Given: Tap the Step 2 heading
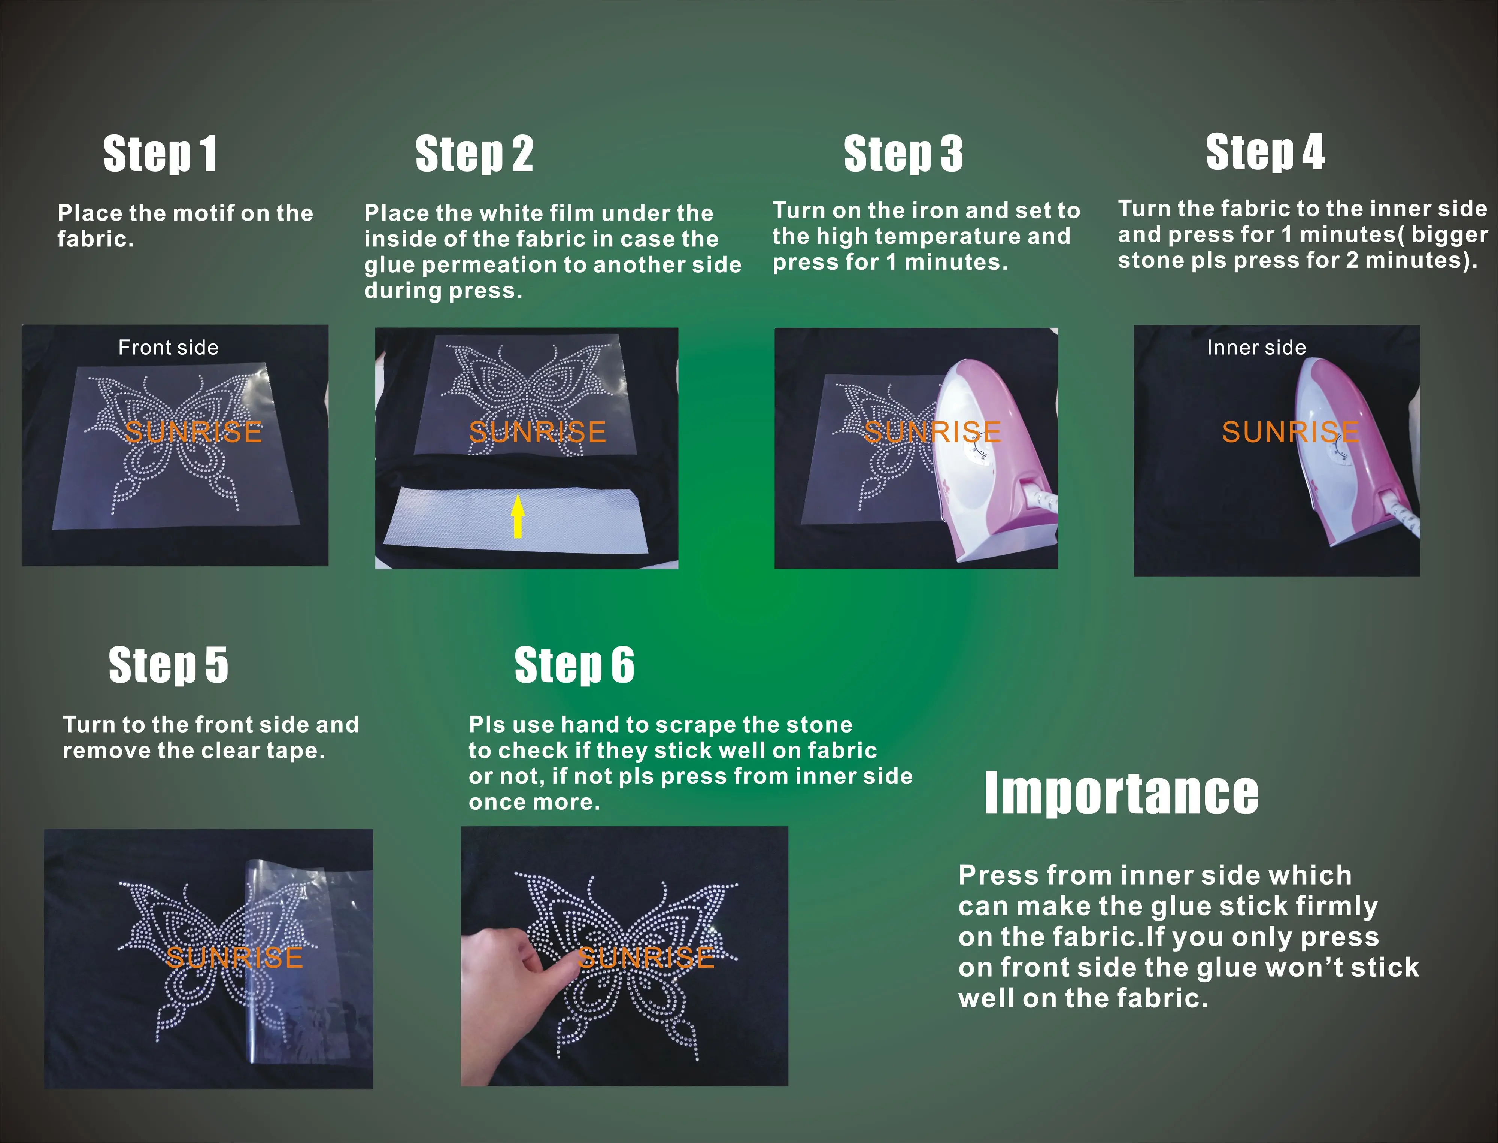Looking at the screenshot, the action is pyautogui.click(x=474, y=154).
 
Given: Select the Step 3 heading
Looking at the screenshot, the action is pyautogui.click(x=903, y=154).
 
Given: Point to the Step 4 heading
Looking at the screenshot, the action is pyautogui.click(x=1265, y=152).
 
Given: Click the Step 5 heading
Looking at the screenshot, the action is pyautogui.click(x=168, y=666).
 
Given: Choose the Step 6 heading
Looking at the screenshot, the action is pyautogui.click(x=574, y=666).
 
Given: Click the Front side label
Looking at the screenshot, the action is pyautogui.click(x=168, y=348).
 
